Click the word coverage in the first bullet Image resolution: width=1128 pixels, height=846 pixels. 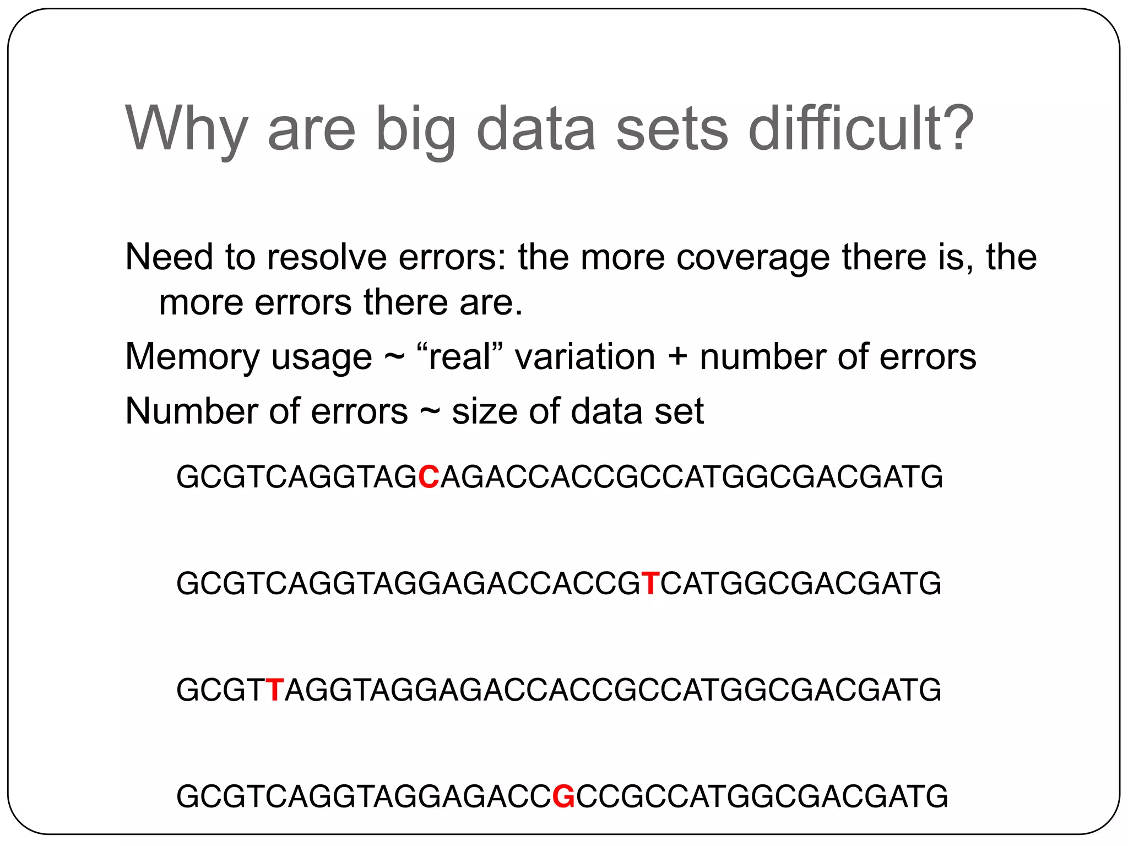point(752,258)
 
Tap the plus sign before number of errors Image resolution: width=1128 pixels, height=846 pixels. point(677,357)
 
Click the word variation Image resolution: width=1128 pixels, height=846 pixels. point(585,356)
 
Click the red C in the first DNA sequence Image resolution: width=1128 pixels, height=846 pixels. point(429,477)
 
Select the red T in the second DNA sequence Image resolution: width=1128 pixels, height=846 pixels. point(650,583)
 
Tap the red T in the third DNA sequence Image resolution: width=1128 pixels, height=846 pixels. point(274,690)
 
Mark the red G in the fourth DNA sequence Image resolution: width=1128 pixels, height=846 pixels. point(563,796)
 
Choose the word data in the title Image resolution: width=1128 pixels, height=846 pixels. point(535,129)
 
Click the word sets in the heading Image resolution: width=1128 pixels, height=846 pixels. point(672,129)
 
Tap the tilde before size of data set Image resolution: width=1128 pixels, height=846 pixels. point(430,413)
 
